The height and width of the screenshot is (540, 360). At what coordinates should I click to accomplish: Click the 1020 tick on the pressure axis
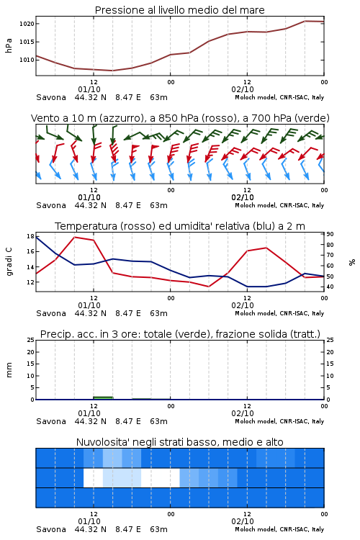point(27,24)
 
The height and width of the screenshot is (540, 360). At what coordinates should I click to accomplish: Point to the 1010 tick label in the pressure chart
point(27,60)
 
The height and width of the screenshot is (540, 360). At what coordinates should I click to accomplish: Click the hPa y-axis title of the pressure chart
point(9,45)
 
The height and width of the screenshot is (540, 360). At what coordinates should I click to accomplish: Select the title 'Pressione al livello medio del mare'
point(180,10)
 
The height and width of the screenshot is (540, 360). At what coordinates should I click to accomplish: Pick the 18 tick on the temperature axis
point(30,236)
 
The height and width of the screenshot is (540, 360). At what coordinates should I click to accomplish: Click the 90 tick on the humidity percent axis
point(330,234)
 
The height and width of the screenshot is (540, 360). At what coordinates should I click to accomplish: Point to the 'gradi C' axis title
point(9,261)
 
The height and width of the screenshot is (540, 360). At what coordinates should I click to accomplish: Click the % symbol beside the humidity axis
point(352,262)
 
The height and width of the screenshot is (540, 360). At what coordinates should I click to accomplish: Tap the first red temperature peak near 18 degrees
point(75,237)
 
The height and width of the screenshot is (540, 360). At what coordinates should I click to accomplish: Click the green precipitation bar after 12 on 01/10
point(103,397)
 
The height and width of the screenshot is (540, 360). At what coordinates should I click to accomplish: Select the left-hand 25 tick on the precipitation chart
point(31,340)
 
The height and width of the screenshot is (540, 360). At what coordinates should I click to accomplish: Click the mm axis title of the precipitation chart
point(9,369)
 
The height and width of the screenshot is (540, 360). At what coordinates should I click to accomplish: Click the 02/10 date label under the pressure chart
point(243,89)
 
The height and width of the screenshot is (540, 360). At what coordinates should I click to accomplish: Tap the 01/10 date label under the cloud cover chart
point(89,521)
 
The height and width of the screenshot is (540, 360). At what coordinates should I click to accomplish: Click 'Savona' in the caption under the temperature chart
point(51,313)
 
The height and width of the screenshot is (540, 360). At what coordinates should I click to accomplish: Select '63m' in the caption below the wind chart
point(159,205)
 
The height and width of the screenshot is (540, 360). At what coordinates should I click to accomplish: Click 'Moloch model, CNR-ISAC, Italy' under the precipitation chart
point(279,421)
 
